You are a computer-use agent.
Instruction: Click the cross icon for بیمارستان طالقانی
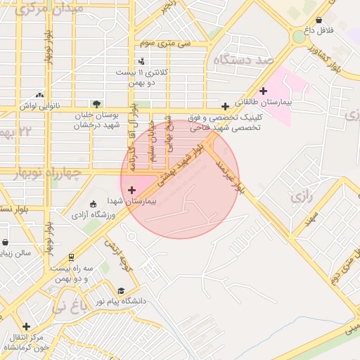[x=264, y=91]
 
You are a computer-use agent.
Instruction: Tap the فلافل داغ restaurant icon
[x=320, y=20]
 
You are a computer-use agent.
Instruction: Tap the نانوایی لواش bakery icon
[x=39, y=95]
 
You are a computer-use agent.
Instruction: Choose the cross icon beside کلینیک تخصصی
[x=225, y=106]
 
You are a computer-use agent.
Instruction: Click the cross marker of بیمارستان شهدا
[x=131, y=190]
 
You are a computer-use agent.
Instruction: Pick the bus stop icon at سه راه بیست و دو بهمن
[x=71, y=257]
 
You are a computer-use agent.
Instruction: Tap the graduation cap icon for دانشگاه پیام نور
[x=121, y=290]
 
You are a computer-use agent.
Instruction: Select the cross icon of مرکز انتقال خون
[x=26, y=327]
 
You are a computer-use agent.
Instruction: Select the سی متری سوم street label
[x=165, y=44]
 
